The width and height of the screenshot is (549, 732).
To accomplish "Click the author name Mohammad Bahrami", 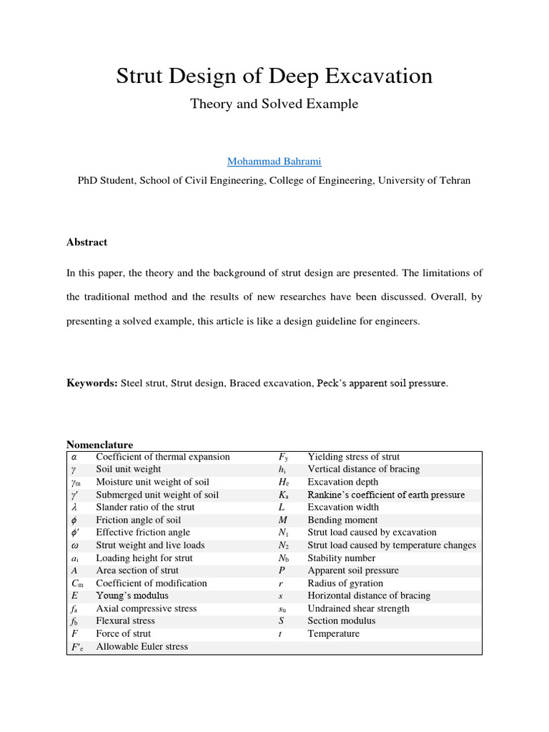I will [x=274, y=162].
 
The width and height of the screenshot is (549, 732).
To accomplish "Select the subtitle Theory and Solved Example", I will [x=274, y=104].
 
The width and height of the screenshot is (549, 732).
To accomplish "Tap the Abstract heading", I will [x=86, y=242].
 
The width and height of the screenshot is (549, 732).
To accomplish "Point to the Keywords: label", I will [x=92, y=383].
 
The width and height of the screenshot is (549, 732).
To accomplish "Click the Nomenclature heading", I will [x=99, y=445].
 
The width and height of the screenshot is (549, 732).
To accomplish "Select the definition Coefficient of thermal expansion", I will [x=163, y=457].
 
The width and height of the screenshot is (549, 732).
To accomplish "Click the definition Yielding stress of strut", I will [x=353, y=457].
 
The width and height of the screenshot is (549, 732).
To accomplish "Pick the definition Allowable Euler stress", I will [x=142, y=647].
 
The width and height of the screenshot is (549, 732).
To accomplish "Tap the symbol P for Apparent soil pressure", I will [x=282, y=570].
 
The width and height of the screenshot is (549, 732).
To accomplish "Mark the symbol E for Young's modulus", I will [x=74, y=596].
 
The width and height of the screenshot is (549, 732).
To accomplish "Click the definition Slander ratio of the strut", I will [x=145, y=508].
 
